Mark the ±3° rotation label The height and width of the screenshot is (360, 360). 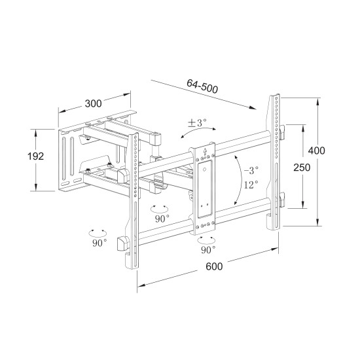[196, 122]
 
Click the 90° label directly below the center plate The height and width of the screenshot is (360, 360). [207, 250]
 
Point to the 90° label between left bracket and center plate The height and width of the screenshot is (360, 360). [161, 219]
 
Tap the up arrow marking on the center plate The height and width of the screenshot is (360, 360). [207, 153]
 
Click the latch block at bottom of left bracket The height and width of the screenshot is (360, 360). [122, 243]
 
